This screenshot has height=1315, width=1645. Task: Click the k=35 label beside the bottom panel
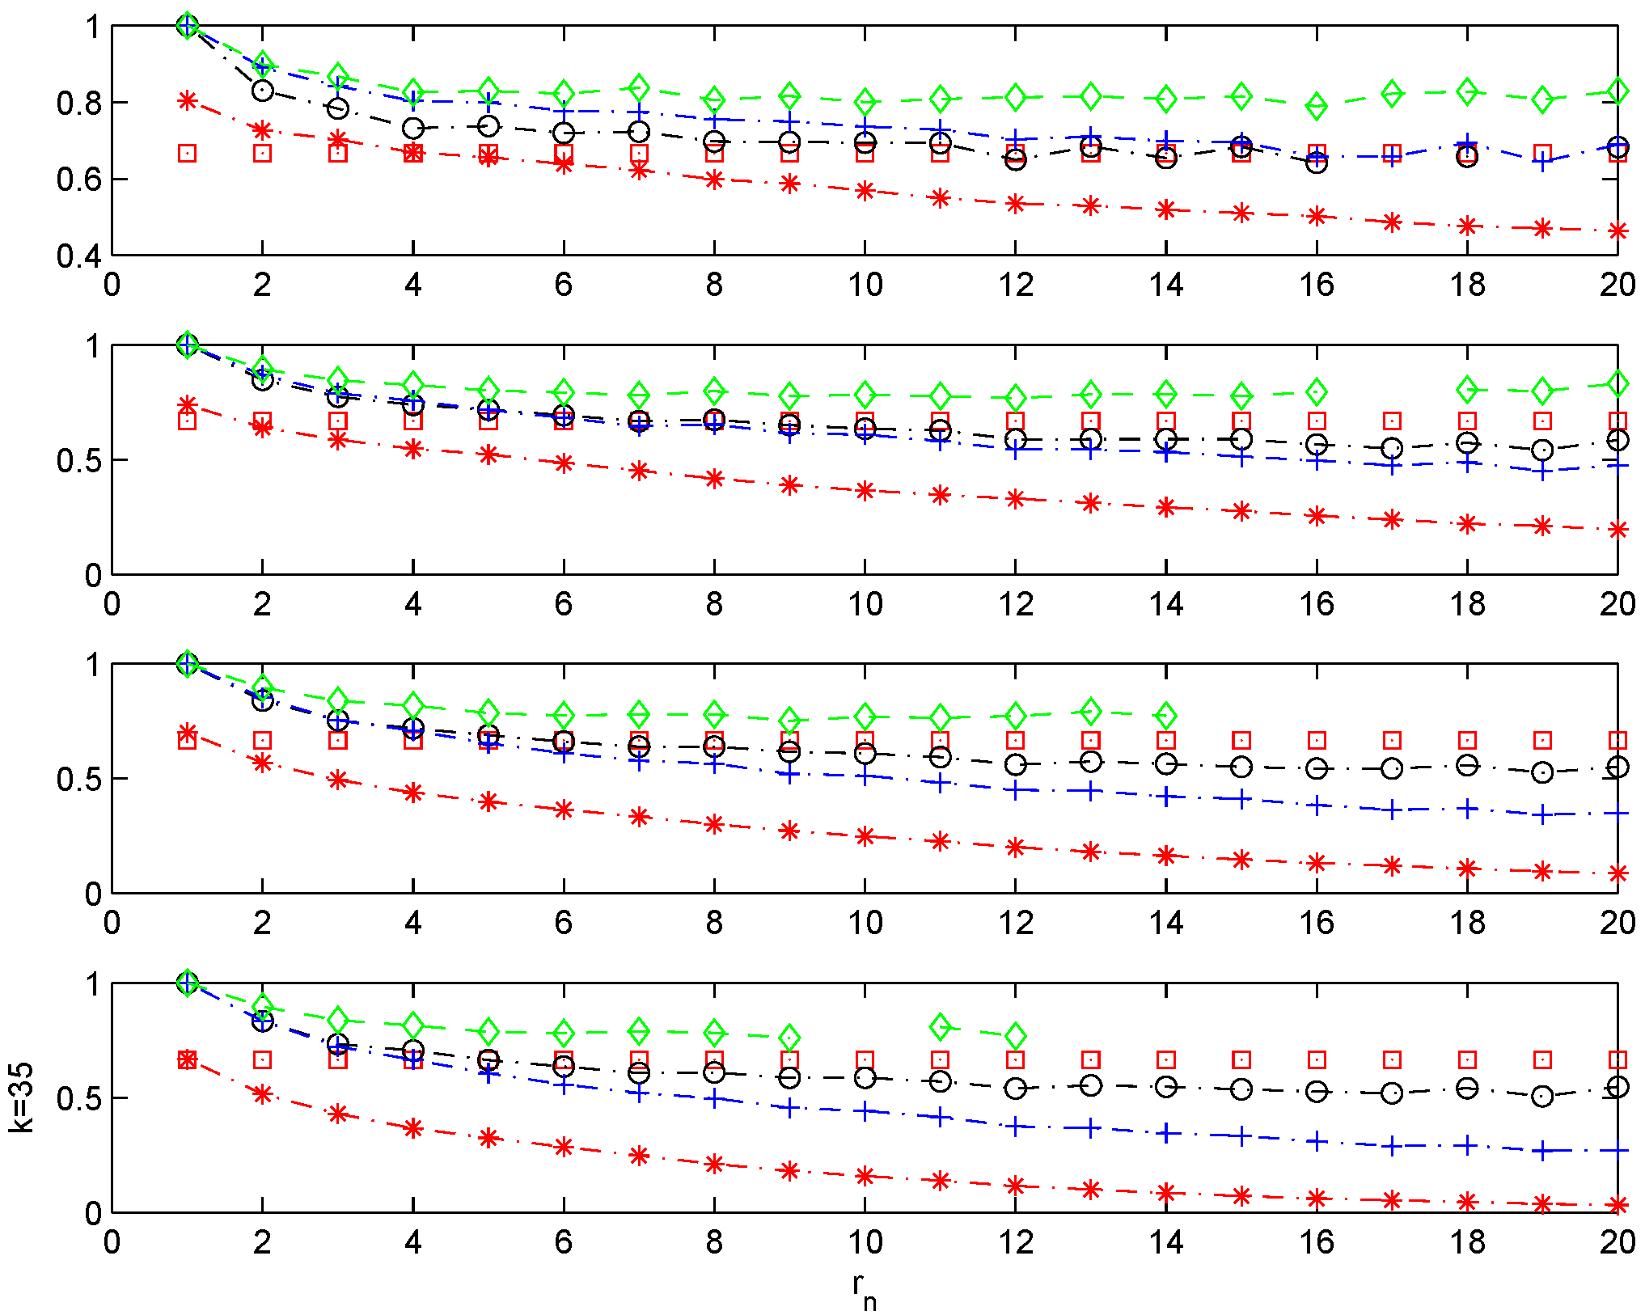tap(23, 1097)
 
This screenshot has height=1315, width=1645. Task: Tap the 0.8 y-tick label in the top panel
tap(78, 104)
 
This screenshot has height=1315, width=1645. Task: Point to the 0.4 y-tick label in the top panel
tap(78, 257)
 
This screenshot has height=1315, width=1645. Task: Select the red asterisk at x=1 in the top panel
tap(188, 100)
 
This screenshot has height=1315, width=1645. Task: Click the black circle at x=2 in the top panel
tap(262, 91)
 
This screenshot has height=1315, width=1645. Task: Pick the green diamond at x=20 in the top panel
tap(1618, 91)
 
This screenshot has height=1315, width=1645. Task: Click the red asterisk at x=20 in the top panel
tap(1618, 231)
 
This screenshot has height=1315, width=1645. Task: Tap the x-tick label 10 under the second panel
tap(865, 604)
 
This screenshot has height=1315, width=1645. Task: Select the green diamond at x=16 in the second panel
tap(1317, 391)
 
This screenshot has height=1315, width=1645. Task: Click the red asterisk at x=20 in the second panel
tap(1618, 530)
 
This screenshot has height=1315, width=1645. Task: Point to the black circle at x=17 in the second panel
tap(1392, 447)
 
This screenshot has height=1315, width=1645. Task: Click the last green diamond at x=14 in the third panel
tap(1166, 715)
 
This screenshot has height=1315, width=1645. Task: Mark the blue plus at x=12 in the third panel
tap(1016, 790)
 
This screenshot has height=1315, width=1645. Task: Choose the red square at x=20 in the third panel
tap(1618, 740)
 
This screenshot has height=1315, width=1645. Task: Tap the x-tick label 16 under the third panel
tap(1316, 923)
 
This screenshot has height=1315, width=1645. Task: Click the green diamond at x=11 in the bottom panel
tap(940, 1027)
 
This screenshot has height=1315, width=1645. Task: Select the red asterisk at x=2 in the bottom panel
tap(262, 1094)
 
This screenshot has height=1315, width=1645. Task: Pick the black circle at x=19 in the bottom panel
tap(1542, 1097)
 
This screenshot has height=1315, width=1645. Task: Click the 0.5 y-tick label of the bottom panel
tap(78, 1099)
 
